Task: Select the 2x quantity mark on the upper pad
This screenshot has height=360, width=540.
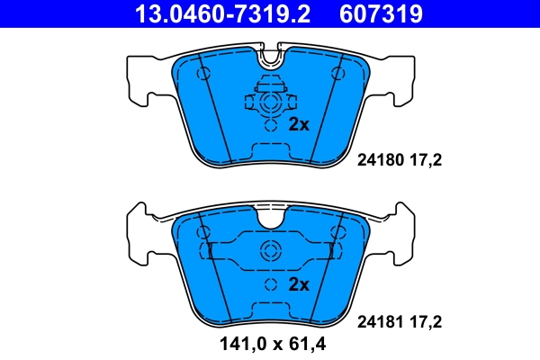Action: (299, 125)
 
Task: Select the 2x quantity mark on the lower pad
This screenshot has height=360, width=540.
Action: (299, 285)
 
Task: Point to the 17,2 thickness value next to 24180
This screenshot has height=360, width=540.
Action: (426, 162)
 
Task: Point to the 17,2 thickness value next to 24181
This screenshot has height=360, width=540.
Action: (426, 319)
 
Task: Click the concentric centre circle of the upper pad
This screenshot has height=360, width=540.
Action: (269, 103)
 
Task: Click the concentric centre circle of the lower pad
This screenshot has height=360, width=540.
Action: (269, 252)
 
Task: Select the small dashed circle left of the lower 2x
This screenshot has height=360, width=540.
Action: (269, 285)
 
